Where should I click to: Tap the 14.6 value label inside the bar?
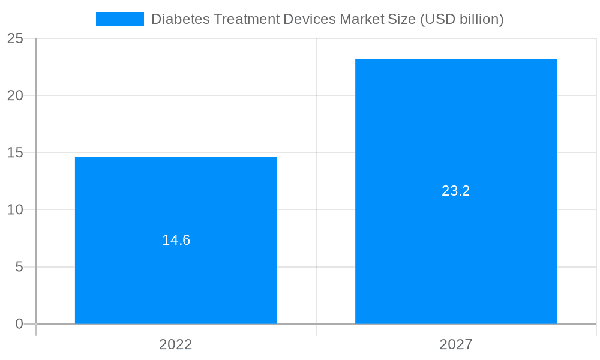pyautogui.click(x=176, y=240)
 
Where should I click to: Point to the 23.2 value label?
pyautogui.click(x=456, y=191)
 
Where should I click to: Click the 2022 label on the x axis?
pyautogui.click(x=176, y=345)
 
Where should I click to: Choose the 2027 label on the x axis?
pyautogui.click(x=456, y=345)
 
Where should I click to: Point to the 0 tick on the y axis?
pyautogui.click(x=19, y=324)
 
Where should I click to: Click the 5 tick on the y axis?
pyautogui.click(x=19, y=267)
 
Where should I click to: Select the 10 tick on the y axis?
pyautogui.click(x=15, y=210)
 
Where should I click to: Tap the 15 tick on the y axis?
pyautogui.click(x=15, y=152)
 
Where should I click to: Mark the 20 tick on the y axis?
pyautogui.click(x=15, y=95)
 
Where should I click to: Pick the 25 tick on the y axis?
pyautogui.click(x=15, y=38)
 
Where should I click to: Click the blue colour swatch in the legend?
pyautogui.click(x=120, y=19)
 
